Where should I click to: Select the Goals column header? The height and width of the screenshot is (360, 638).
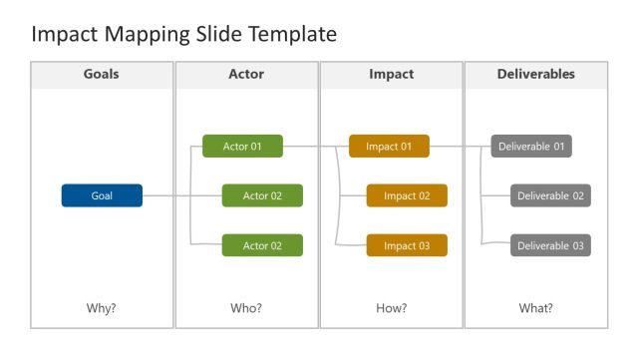pyautogui.click(x=102, y=74)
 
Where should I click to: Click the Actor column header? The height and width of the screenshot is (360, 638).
pyautogui.click(x=246, y=74)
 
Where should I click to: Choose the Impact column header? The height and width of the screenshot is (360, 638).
pyautogui.click(x=391, y=74)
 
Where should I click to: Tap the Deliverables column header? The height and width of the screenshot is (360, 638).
pyautogui.click(x=535, y=74)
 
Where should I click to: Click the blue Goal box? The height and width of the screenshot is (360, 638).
pyautogui.click(x=102, y=195)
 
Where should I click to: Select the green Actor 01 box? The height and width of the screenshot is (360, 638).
pyautogui.click(x=242, y=147)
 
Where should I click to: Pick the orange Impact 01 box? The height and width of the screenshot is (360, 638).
pyautogui.click(x=389, y=147)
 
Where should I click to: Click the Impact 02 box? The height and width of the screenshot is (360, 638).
pyautogui.click(x=407, y=195)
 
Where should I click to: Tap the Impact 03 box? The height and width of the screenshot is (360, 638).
pyautogui.click(x=407, y=245)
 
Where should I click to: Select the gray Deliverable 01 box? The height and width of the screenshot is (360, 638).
pyautogui.click(x=531, y=147)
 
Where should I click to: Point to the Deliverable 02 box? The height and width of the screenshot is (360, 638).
pyautogui.click(x=550, y=195)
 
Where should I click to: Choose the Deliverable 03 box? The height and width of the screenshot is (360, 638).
pyautogui.click(x=550, y=245)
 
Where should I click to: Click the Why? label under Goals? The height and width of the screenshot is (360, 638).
pyautogui.click(x=102, y=308)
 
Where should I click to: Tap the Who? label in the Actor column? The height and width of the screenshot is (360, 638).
pyautogui.click(x=246, y=308)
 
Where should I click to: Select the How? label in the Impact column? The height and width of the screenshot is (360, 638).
pyautogui.click(x=391, y=308)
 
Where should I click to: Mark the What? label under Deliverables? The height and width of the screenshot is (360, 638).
pyautogui.click(x=535, y=308)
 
